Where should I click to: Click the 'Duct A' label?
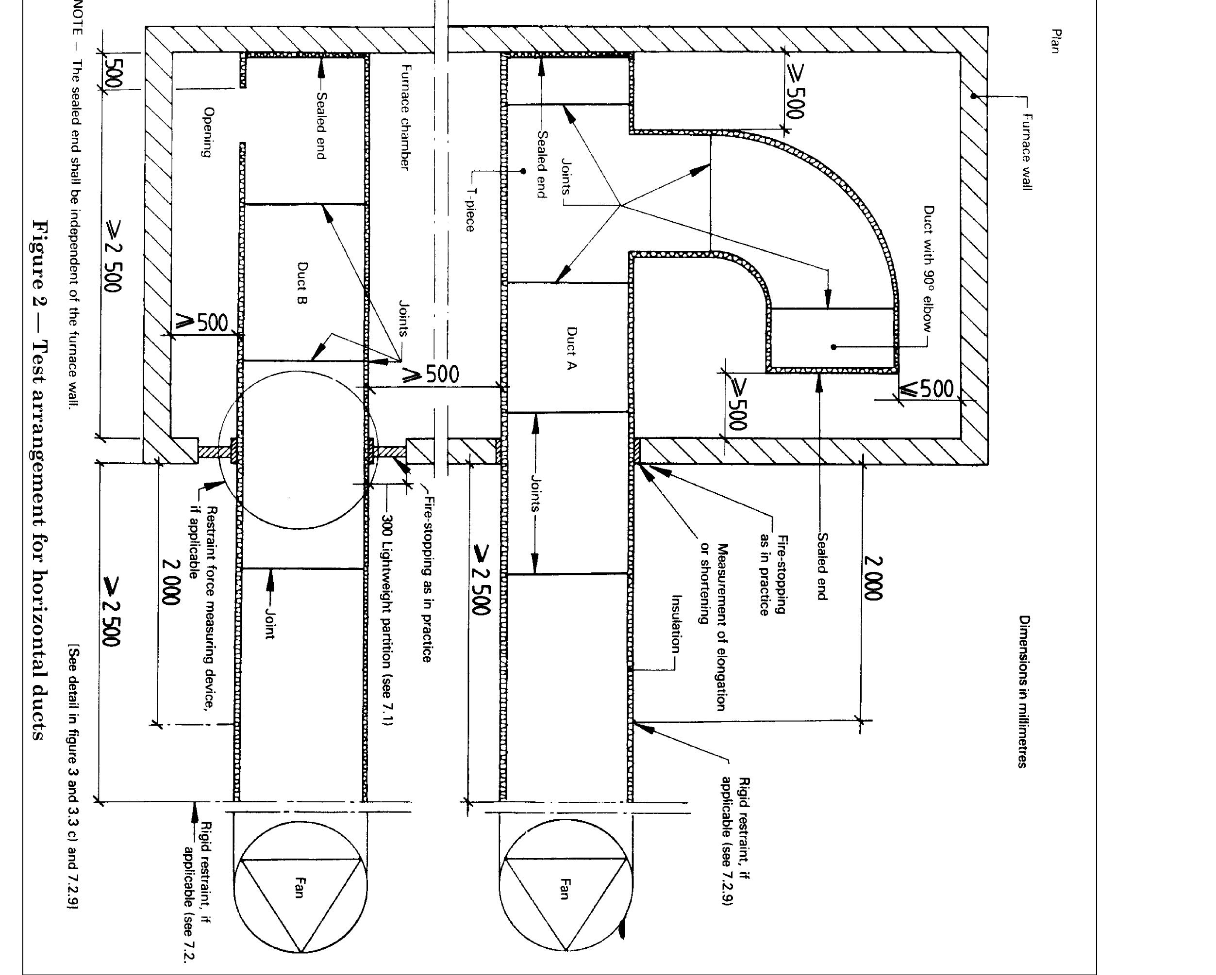coord(571,348)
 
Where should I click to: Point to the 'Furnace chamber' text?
coord(404,117)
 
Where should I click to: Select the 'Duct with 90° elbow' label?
coord(928,268)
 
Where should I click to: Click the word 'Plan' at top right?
coord(1055,41)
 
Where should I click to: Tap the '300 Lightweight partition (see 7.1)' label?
coord(387,620)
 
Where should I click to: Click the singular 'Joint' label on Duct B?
coord(269,623)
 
